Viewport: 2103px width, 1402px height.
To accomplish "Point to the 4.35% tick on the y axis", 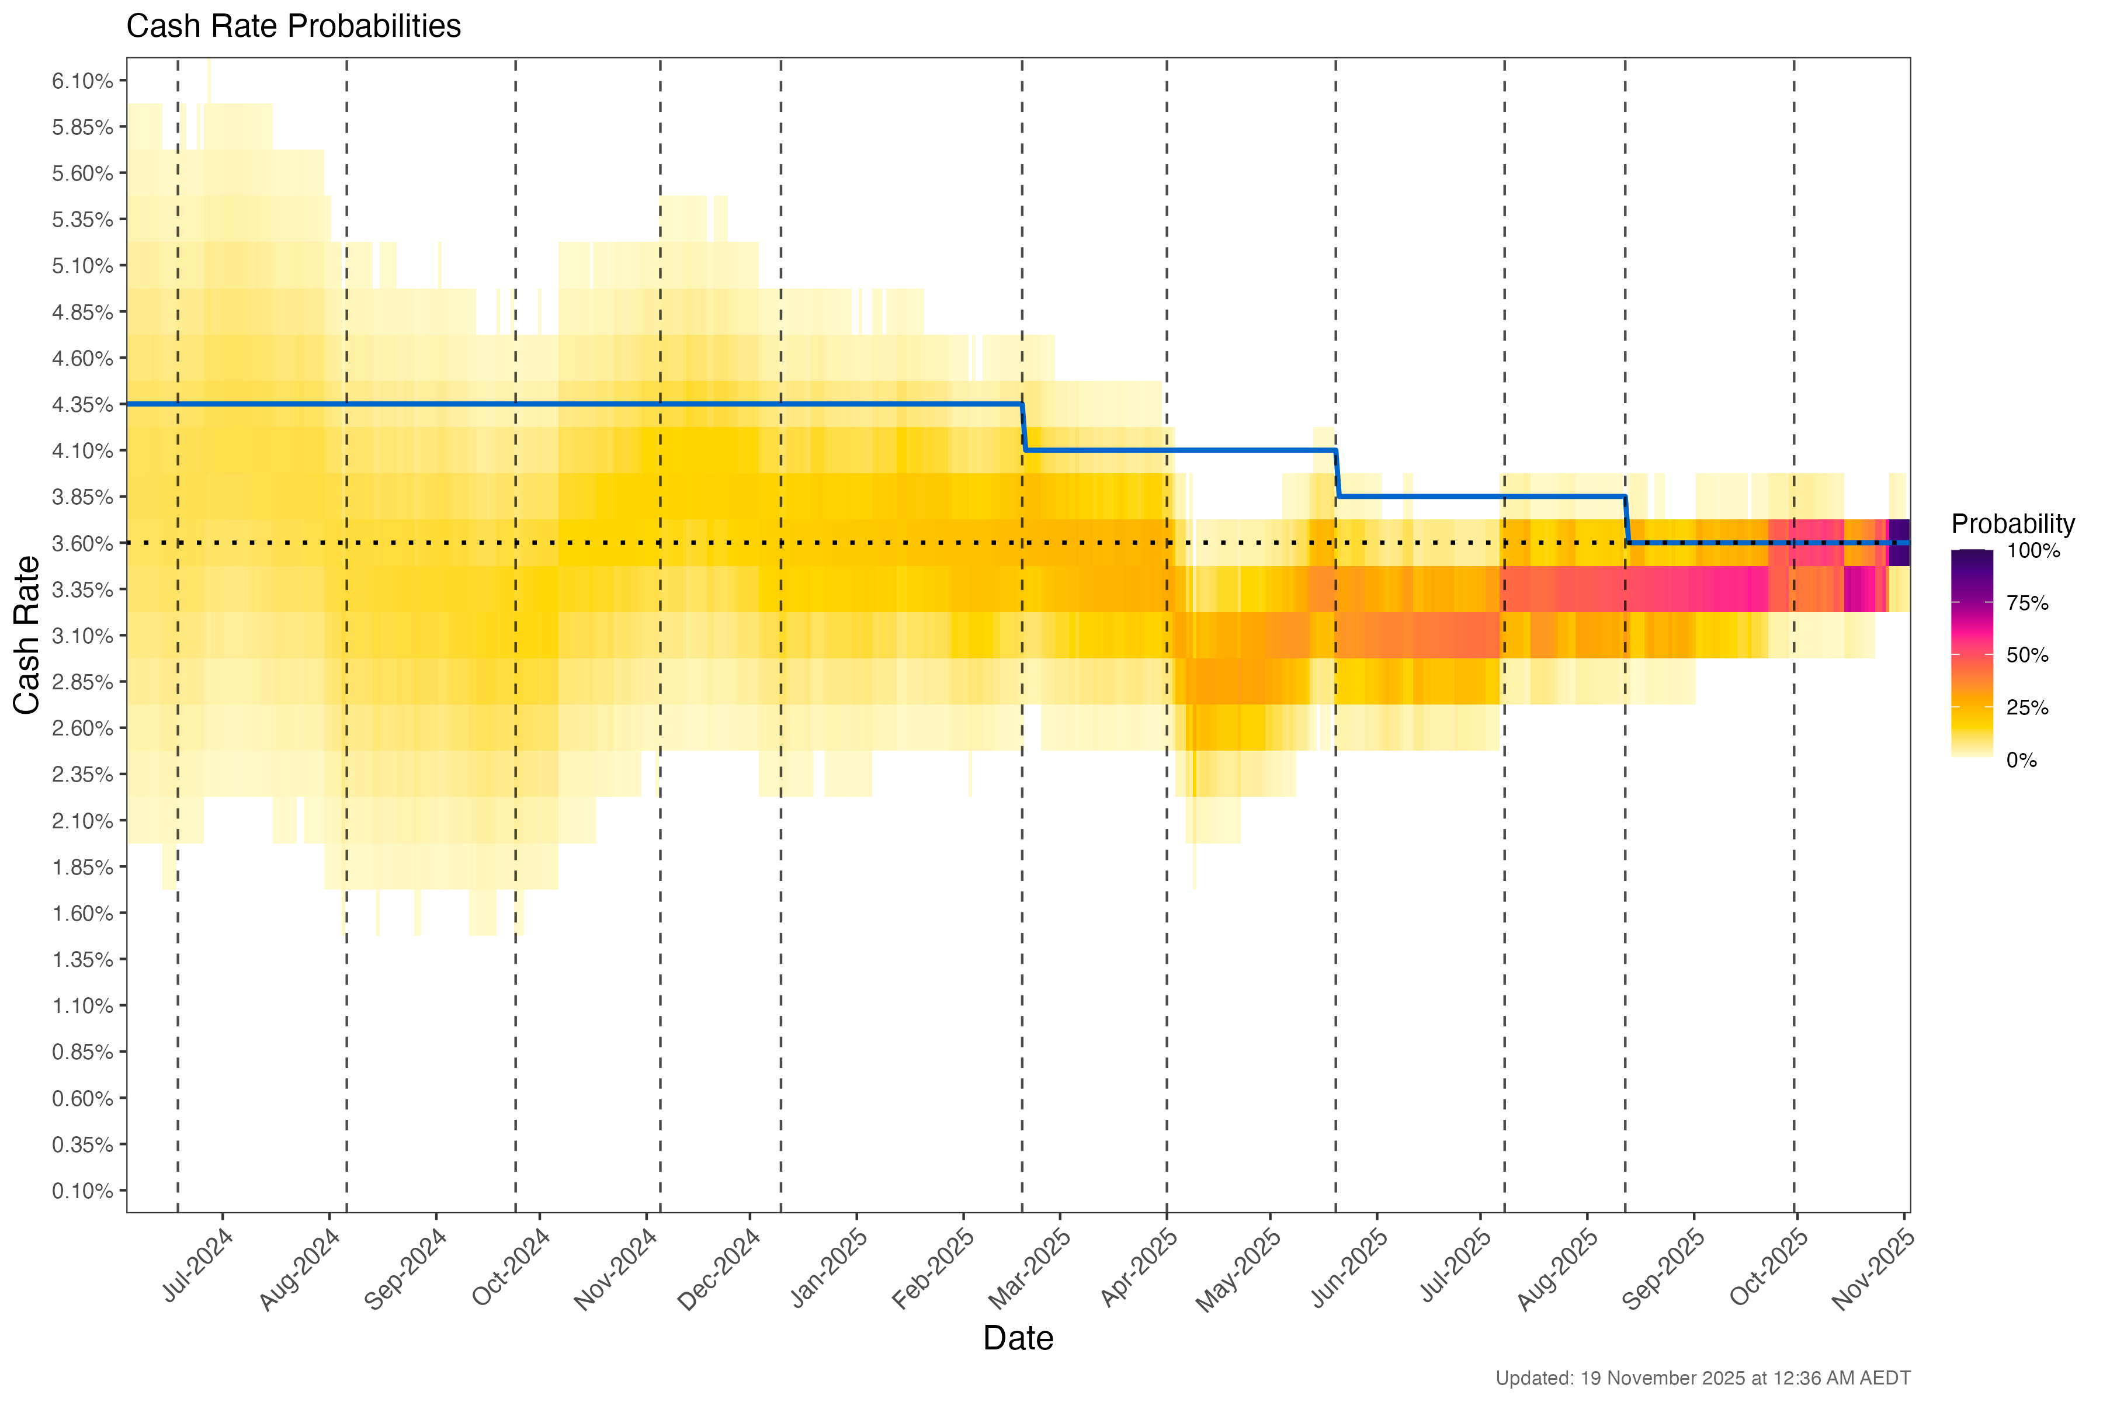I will (82, 405).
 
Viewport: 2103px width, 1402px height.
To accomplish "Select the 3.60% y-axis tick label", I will (82, 544).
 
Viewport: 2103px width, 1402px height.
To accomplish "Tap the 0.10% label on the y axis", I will (82, 1191).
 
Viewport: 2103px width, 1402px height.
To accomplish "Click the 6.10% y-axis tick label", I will (82, 81).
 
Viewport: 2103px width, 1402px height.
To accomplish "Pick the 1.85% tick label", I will (82, 867).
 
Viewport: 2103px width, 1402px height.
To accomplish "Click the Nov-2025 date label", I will (1873, 1269).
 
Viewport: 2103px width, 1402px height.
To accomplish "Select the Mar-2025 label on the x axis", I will (1030, 1269).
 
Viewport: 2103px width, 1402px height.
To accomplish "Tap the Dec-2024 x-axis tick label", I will (720, 1269).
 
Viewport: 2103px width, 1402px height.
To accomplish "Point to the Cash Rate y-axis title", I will (27, 635).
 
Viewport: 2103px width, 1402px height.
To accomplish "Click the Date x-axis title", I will (1018, 1338).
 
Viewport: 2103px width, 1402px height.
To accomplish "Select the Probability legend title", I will (2012, 524).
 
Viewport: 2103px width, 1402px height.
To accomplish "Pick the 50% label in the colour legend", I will (2027, 655).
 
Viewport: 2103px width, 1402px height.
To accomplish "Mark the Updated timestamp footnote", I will (1702, 1378).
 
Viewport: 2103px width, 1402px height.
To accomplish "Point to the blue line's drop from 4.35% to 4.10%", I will (1024, 428).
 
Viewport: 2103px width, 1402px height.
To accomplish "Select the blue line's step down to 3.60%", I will (1626, 519).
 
